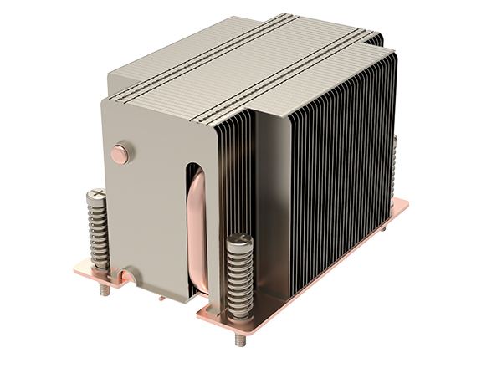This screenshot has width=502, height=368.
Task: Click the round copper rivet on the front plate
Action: click(x=120, y=152)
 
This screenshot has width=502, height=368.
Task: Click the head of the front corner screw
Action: click(x=241, y=242)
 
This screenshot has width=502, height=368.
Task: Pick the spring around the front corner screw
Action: click(x=239, y=281)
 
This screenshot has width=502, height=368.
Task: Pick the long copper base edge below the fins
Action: click(x=318, y=268)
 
